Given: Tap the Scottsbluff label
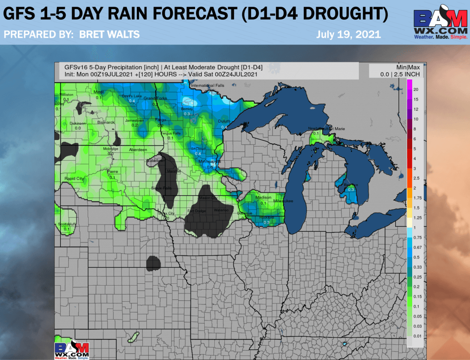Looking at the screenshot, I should [67, 224].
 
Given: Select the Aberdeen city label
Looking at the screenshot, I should [138, 150].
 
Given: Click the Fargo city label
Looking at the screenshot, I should [161, 120].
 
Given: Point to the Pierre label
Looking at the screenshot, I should [112, 172].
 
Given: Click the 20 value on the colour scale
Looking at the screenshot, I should [415, 89].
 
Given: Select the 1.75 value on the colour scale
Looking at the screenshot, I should [417, 197].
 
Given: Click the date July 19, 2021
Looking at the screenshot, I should [348, 34].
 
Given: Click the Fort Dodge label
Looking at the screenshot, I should [197, 211].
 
